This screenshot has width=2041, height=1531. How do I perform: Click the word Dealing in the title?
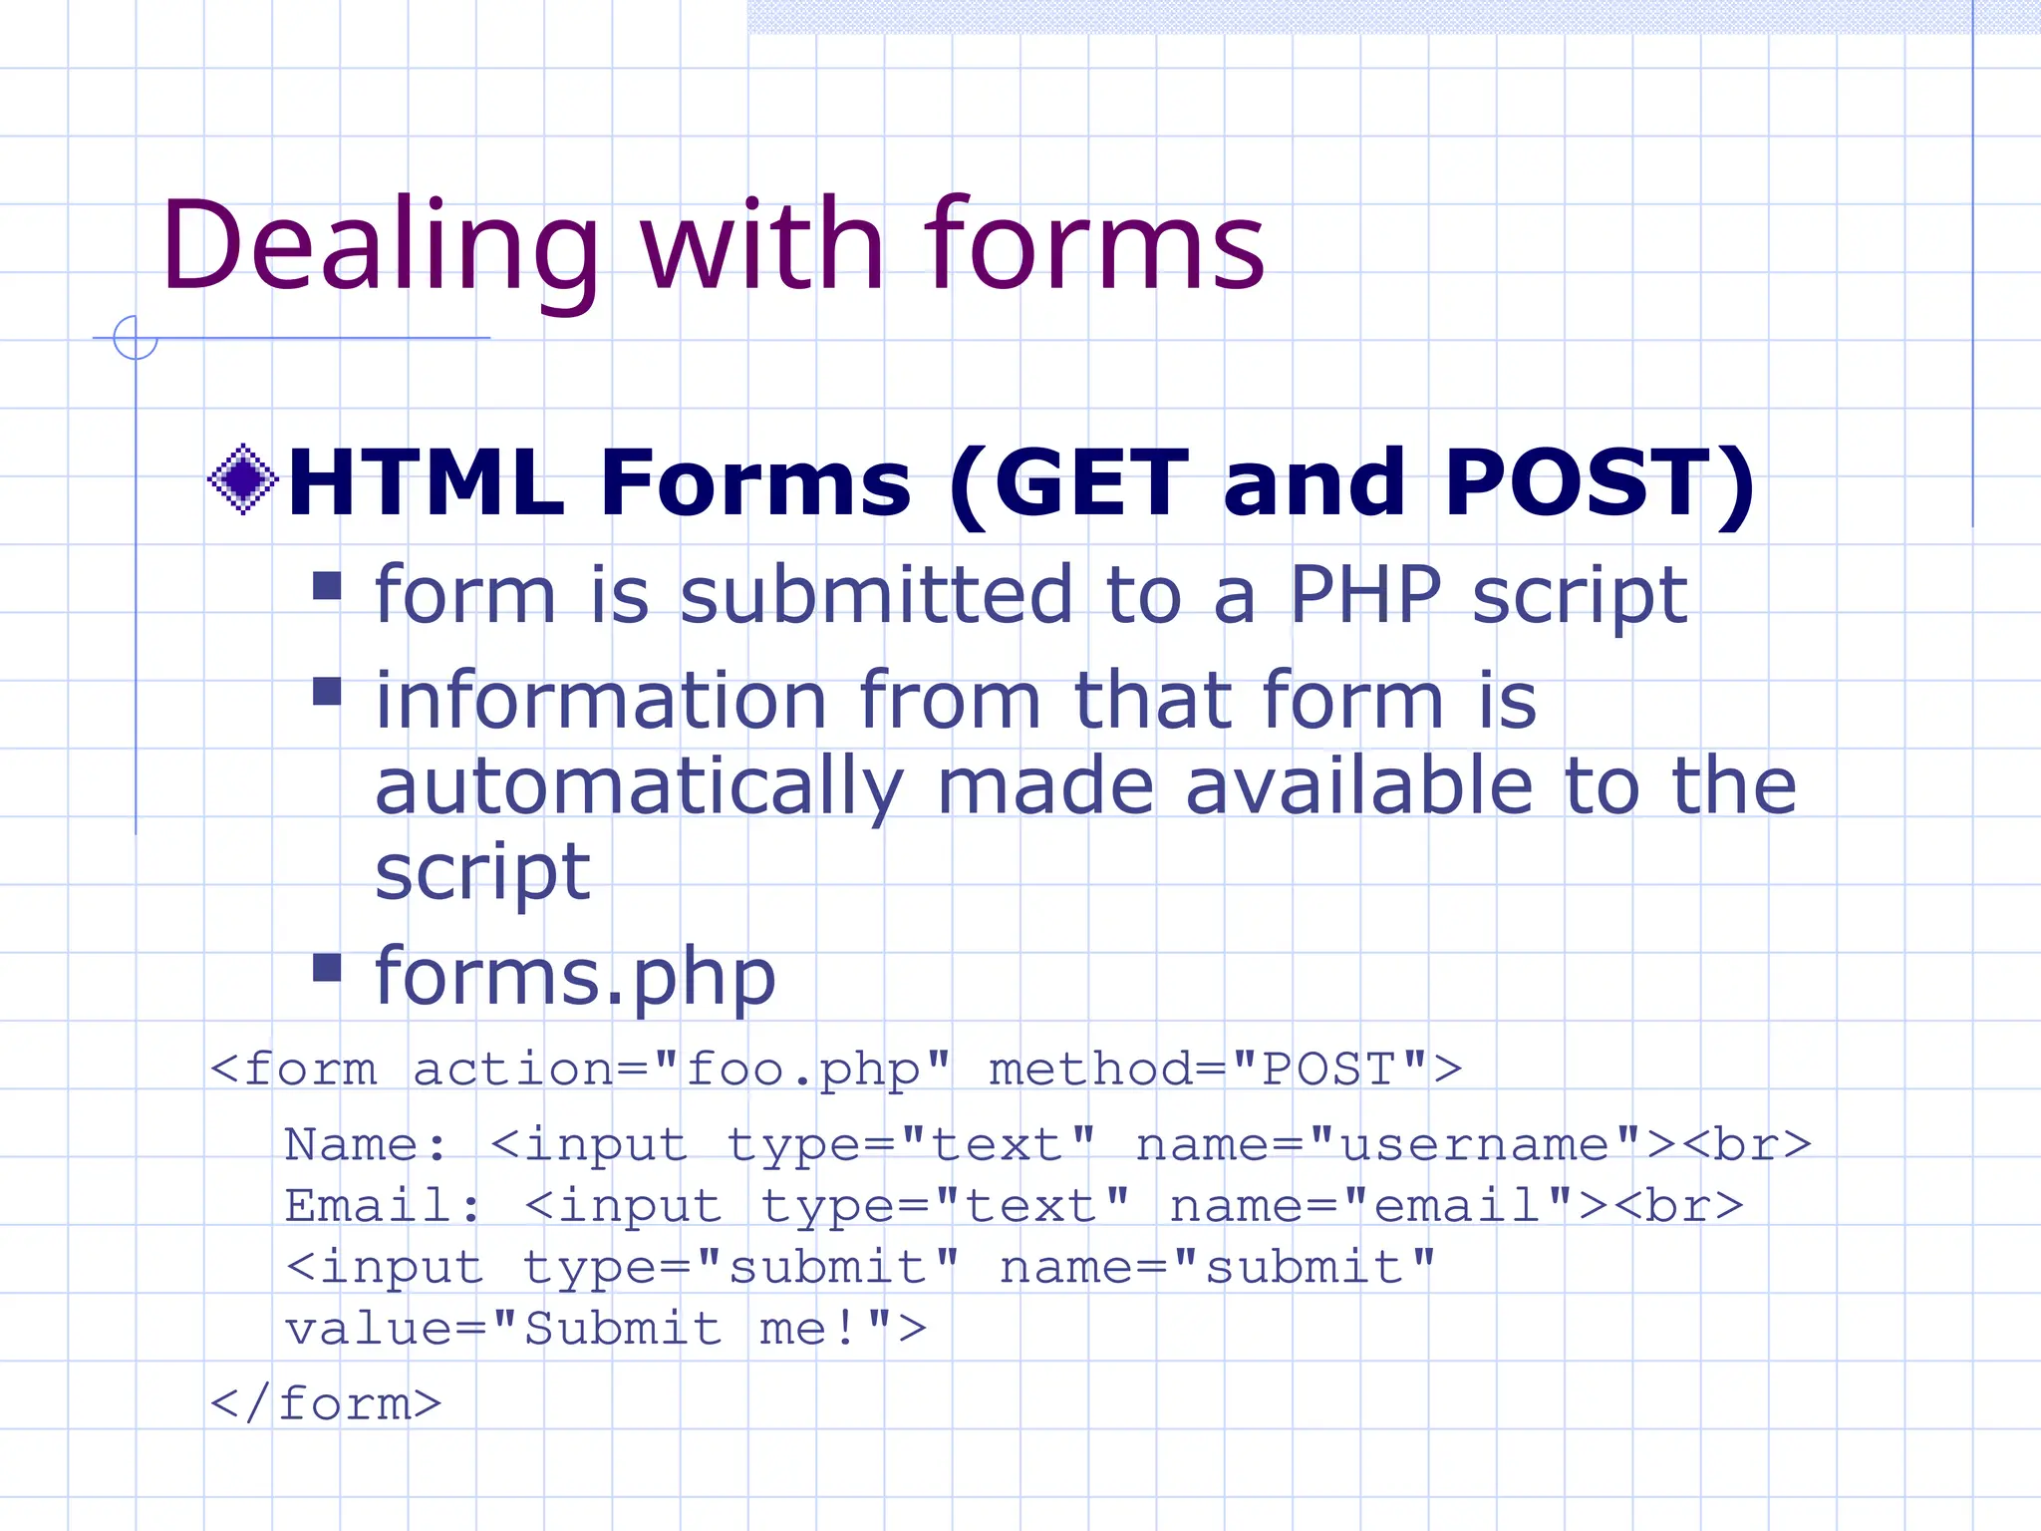[x=379, y=247]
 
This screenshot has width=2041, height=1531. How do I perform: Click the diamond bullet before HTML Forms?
[x=242, y=479]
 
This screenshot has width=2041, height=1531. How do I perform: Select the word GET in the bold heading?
[x=1092, y=483]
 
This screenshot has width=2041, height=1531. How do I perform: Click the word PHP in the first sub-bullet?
[x=1364, y=595]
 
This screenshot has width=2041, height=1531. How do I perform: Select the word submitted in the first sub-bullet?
[x=876, y=595]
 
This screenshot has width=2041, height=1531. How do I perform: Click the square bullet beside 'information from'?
[x=327, y=691]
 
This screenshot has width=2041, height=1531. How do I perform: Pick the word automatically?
[x=639, y=787]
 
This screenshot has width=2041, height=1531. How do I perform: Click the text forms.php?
[x=575, y=976]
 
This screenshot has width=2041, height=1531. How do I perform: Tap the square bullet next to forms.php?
[x=327, y=967]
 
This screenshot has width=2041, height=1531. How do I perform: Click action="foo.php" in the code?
[x=682, y=1071]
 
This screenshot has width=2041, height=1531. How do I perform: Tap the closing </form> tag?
[x=325, y=1404]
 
